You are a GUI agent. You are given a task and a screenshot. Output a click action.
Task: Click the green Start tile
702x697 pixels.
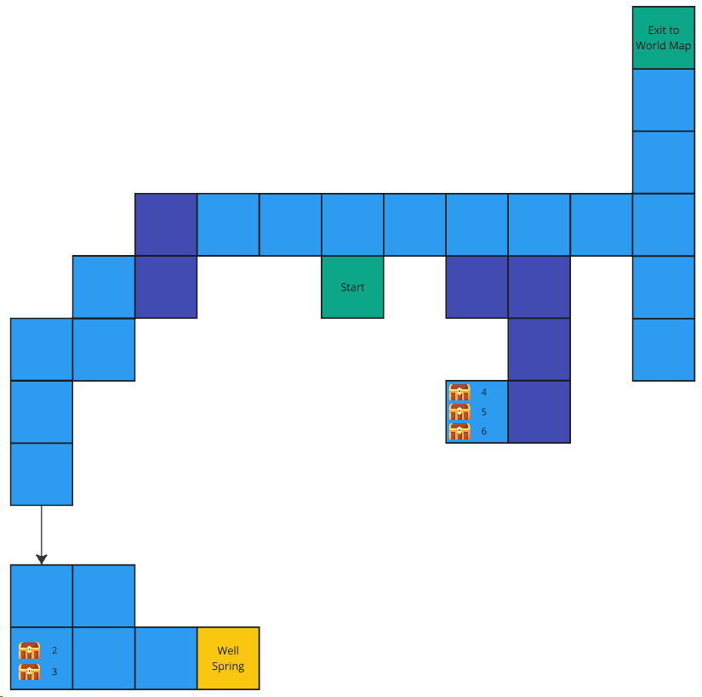coord(352,286)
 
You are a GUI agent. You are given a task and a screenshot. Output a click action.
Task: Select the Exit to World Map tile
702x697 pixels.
coord(664,37)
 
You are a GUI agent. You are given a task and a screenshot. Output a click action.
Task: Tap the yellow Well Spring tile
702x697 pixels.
coord(228,658)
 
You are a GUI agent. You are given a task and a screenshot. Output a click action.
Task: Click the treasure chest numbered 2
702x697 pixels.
coord(29,650)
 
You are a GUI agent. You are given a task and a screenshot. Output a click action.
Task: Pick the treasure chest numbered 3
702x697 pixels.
coord(29,671)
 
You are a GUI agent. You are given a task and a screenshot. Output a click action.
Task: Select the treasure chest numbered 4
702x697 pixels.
coord(459,393)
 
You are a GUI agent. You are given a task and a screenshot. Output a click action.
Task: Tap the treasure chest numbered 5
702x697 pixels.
coord(459,411)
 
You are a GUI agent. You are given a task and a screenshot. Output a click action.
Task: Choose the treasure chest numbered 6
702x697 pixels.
coord(459,431)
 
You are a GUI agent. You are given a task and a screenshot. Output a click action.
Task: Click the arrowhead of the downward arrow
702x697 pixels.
coord(42,559)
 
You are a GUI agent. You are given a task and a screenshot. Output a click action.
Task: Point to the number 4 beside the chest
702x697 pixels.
coord(484,393)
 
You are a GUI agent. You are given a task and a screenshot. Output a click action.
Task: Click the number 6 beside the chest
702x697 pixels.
coord(484,431)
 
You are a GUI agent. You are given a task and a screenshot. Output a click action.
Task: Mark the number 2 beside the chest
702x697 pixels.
coord(54,650)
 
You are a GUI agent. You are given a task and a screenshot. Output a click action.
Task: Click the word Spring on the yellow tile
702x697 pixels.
coord(228,666)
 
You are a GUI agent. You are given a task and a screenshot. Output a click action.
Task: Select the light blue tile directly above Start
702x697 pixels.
coord(352,224)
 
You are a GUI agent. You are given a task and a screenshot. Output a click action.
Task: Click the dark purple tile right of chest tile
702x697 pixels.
coord(539,411)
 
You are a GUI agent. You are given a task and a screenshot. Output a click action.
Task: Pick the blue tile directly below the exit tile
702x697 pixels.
coord(664,99)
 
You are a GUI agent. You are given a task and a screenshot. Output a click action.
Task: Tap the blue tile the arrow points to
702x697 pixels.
coord(42,596)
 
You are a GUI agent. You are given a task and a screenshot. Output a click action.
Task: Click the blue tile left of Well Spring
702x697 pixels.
coord(166,658)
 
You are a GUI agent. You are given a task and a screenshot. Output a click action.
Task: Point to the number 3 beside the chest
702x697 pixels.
coord(54,671)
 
